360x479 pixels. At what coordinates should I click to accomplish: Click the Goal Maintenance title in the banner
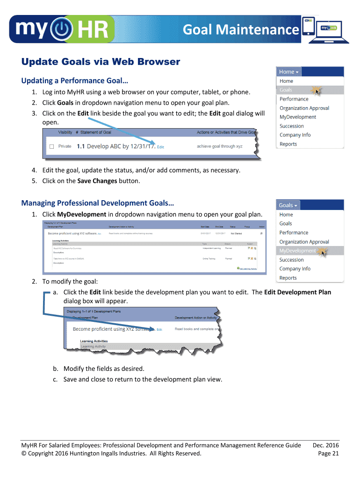(240, 30)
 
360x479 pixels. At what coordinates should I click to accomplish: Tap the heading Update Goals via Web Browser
(101, 62)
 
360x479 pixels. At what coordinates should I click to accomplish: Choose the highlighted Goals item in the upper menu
(286, 90)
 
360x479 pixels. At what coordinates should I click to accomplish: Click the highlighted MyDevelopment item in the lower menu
(298, 251)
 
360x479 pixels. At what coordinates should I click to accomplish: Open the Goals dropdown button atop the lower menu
(288, 205)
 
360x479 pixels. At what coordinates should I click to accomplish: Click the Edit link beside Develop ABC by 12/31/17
(160, 147)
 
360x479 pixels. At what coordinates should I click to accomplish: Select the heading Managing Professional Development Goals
(97, 203)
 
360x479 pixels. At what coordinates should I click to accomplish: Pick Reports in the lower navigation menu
(288, 278)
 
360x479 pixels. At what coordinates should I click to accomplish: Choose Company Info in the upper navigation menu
(295, 135)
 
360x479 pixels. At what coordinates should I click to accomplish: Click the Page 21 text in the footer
(328, 453)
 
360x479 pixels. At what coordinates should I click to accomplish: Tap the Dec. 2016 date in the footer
(325, 445)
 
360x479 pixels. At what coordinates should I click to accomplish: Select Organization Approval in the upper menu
(304, 108)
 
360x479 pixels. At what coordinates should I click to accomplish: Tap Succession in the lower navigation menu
(292, 260)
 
